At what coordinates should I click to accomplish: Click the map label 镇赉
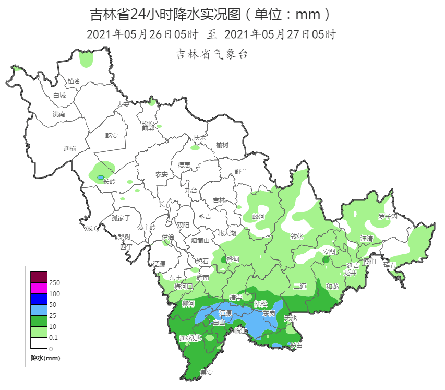(74, 81)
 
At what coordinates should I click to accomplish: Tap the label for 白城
(59, 96)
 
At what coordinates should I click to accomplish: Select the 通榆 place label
(70, 149)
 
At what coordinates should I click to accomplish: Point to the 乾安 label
(112, 136)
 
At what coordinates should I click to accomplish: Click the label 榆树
(222, 145)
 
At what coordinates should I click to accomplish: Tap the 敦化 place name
(297, 236)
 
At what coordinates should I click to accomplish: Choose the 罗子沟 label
(388, 216)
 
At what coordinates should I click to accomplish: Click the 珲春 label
(390, 265)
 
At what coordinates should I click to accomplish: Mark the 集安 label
(207, 373)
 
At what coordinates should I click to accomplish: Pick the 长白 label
(296, 345)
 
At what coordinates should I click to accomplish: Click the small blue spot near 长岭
(100, 178)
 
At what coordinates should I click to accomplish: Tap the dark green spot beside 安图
(326, 259)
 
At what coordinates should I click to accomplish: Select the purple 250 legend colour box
(39, 277)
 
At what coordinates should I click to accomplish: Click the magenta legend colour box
(39, 288)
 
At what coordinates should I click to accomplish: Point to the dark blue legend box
(39, 299)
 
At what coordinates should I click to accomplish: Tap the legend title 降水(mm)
(46, 358)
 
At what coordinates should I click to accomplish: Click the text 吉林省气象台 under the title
(212, 54)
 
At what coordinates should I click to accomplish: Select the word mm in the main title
(312, 13)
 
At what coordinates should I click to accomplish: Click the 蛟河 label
(259, 216)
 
